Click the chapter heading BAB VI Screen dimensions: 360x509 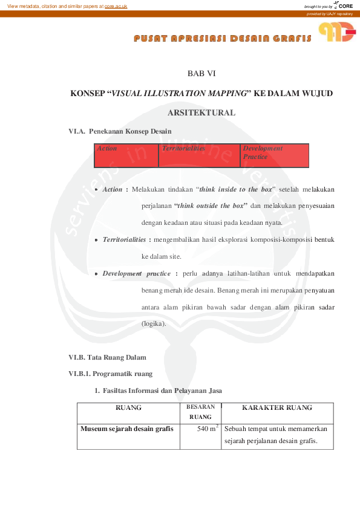[201, 74]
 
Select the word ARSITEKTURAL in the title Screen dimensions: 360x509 [201, 113]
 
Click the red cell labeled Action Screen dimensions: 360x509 [127, 155]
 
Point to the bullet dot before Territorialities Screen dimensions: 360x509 [96, 240]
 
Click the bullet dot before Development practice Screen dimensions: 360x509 [96, 274]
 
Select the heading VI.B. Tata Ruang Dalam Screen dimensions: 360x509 [108, 357]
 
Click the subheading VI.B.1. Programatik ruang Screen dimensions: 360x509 [110, 374]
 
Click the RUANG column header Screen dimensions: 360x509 [128, 408]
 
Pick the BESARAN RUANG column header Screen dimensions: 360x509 [200, 412]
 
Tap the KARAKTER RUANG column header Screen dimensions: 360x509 [277, 408]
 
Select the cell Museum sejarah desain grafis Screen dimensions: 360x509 [127, 429]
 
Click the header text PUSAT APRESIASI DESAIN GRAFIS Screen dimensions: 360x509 [223, 39]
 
